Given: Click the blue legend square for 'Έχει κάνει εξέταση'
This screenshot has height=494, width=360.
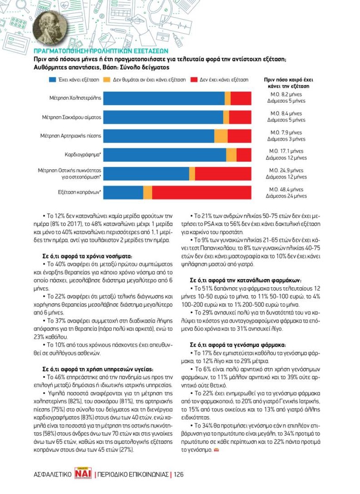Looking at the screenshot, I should pos(52,79).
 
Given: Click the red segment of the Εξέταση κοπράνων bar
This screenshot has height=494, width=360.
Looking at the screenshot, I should pos(201,192).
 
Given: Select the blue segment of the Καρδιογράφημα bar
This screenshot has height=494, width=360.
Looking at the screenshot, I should pos(165,155).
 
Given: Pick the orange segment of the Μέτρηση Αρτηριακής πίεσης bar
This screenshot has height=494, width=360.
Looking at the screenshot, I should pos(221,136).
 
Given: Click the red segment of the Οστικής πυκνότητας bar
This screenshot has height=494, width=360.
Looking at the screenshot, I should pos(223,173).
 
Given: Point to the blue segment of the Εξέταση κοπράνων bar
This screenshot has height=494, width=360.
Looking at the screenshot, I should pos(123,192).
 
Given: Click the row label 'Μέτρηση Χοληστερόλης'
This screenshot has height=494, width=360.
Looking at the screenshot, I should pos(75,98).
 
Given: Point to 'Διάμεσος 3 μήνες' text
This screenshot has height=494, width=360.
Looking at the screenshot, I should pos(286,139).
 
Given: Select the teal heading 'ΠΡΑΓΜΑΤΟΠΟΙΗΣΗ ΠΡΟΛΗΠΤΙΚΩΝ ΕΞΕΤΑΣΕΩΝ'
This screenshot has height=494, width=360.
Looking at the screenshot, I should pos(102,51).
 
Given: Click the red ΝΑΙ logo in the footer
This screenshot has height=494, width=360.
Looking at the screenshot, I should pos(83,474).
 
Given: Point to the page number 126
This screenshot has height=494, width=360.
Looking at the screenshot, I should pos(179,474).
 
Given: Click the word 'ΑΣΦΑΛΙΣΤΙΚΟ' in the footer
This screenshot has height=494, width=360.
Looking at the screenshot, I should pos(52,474).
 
